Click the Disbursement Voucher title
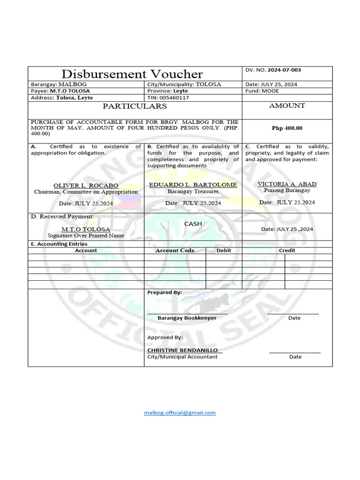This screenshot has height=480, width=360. click(x=132, y=74)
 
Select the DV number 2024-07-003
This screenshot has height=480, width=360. click(x=284, y=70)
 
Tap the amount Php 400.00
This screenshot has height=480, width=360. click(x=287, y=128)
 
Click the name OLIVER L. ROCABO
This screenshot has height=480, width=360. click(x=86, y=185)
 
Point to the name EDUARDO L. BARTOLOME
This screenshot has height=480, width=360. click(x=193, y=185)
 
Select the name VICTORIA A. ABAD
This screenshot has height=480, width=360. click(x=287, y=184)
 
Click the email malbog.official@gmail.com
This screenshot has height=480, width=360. click(x=180, y=412)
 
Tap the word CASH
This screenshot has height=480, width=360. click(x=193, y=224)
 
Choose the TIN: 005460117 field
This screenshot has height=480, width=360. click(x=168, y=97)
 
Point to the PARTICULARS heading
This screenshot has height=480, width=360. click(x=135, y=106)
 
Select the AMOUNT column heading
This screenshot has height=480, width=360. click(x=287, y=106)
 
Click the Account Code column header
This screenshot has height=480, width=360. click(x=175, y=250)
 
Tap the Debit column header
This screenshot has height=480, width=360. click(x=224, y=250)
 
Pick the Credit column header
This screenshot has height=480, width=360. click(x=287, y=250)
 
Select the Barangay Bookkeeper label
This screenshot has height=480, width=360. click(x=187, y=318)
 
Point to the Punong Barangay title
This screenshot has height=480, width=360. click(x=287, y=190)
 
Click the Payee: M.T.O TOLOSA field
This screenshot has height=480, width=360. click(x=60, y=91)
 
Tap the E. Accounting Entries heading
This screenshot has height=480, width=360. click(x=59, y=244)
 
